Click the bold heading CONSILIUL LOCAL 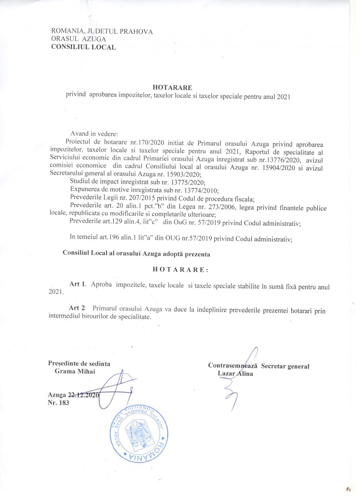83,47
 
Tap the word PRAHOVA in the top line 136,32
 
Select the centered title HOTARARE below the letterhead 172,87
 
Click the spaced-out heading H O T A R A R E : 180,269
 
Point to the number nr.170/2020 145,143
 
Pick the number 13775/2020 188,183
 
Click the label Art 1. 78,284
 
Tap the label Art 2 77,308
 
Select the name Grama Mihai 75,371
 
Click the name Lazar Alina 235,373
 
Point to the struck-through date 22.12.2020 84,395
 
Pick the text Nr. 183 58,403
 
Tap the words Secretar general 285,366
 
